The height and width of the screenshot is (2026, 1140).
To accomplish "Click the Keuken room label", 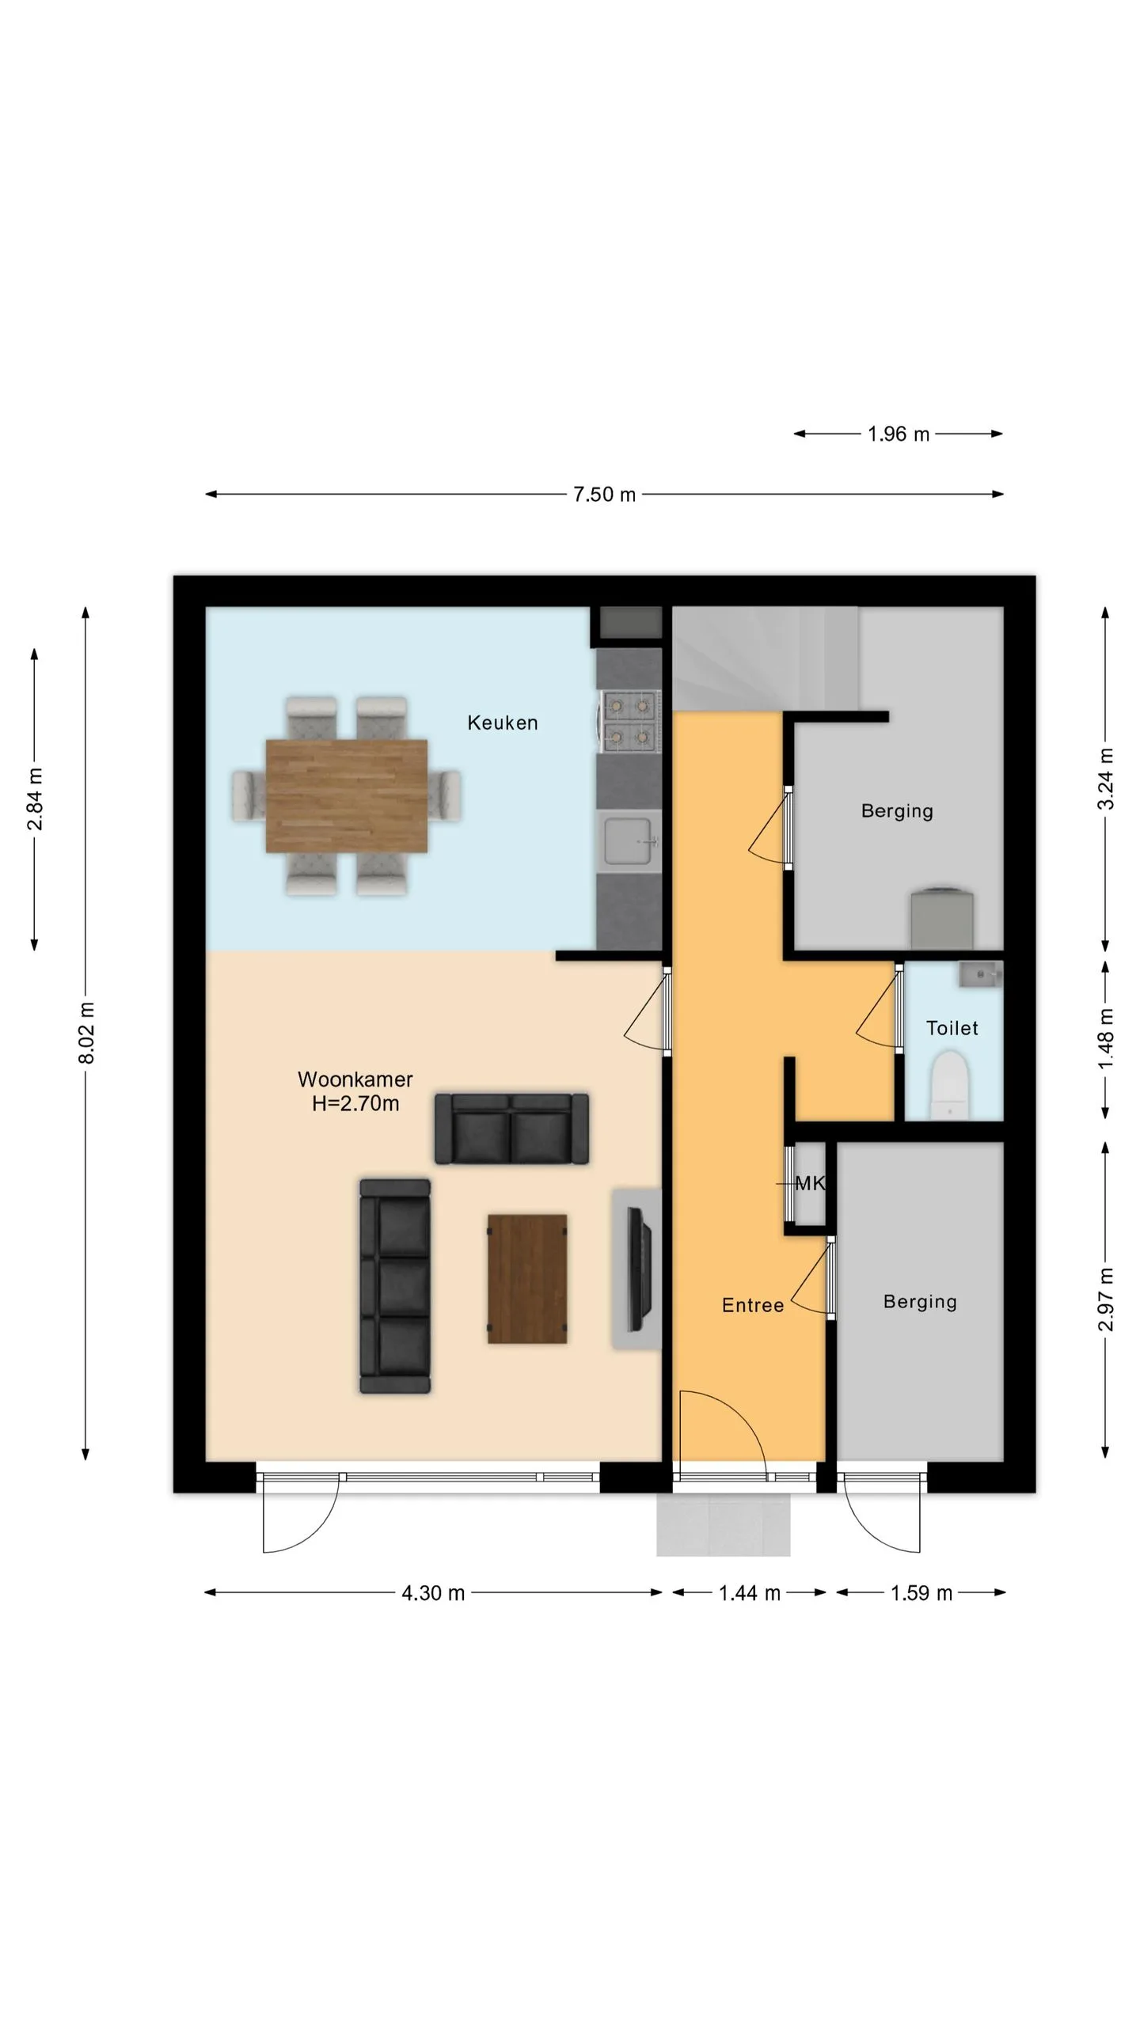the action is [502, 723].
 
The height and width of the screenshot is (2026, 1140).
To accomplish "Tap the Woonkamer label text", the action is [355, 1079].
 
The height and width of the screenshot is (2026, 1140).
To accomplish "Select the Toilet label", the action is [952, 1028].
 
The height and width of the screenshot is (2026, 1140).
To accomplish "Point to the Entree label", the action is [752, 1305].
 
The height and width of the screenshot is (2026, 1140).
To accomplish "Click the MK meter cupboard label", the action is [809, 1183].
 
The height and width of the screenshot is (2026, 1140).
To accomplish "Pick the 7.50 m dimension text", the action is [604, 495].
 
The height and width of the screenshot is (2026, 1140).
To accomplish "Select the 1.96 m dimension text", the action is [898, 434].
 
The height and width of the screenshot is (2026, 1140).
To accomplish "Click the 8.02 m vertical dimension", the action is [86, 1033].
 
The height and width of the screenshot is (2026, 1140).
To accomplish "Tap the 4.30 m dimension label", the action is [432, 1593].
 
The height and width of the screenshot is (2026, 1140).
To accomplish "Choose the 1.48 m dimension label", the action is [1106, 1038].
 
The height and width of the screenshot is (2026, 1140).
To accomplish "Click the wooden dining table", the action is [346, 795].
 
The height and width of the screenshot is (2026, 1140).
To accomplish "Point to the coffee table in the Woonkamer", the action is [527, 1279].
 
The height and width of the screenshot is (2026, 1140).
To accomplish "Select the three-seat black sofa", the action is [395, 1286].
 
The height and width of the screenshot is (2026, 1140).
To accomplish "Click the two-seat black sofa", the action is [511, 1129].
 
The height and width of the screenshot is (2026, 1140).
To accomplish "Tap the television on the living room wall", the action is [638, 1269].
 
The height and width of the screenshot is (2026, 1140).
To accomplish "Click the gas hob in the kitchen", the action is [630, 722].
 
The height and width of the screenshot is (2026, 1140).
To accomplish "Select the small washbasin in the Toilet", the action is [981, 974].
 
